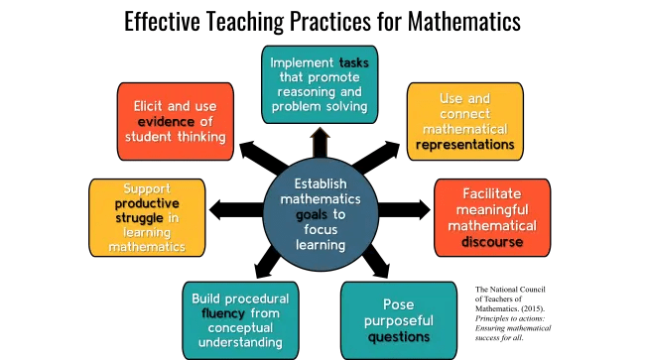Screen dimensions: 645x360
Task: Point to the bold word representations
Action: click(465, 144)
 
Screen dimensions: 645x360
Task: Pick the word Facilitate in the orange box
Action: click(493, 190)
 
